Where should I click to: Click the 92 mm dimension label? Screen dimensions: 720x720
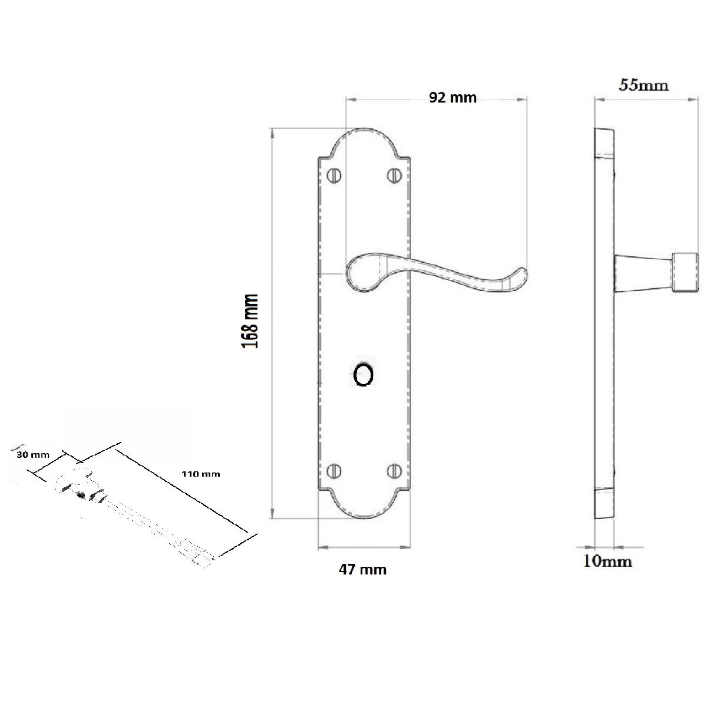(x=452, y=97)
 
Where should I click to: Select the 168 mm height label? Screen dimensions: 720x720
(x=250, y=321)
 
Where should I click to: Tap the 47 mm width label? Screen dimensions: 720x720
(x=362, y=569)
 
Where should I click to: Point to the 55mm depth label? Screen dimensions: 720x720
(x=643, y=85)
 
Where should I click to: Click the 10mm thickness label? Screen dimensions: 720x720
(x=607, y=561)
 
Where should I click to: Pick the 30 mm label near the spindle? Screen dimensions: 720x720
(x=33, y=454)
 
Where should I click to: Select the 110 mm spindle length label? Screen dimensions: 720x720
(x=201, y=474)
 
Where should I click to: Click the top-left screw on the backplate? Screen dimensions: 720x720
(x=334, y=175)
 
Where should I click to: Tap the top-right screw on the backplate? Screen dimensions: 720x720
(x=394, y=175)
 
